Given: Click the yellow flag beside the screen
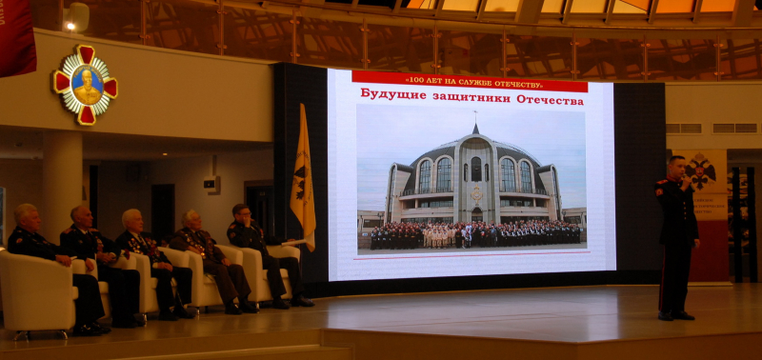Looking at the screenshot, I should tap(303, 181).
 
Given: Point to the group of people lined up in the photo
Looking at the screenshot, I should tap(474, 234).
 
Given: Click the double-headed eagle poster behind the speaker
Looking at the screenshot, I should tap(709, 181).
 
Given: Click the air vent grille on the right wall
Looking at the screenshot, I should tap(733, 128).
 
